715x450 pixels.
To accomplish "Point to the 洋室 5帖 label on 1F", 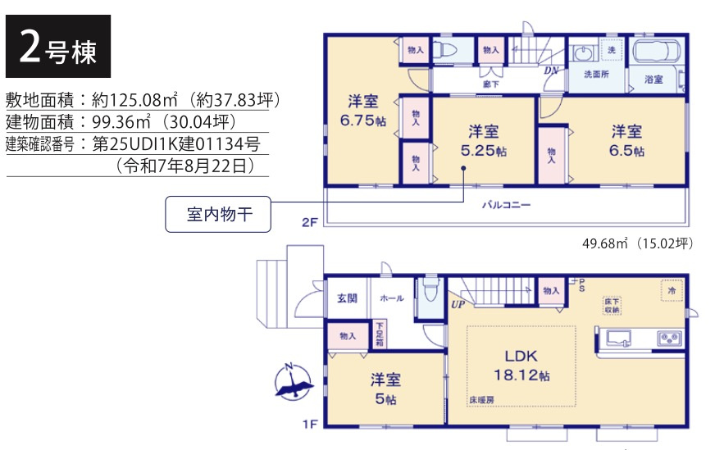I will (x=385, y=389).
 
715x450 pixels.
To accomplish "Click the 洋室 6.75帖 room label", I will (x=362, y=111).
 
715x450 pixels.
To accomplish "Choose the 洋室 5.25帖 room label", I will (x=484, y=140).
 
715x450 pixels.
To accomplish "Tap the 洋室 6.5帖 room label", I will (x=626, y=140).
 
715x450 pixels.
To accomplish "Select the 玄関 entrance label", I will (x=347, y=299).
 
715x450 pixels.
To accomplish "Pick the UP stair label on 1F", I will (x=458, y=305).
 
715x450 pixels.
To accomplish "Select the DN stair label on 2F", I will (x=551, y=70).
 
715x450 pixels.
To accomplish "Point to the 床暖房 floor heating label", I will (x=483, y=400).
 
